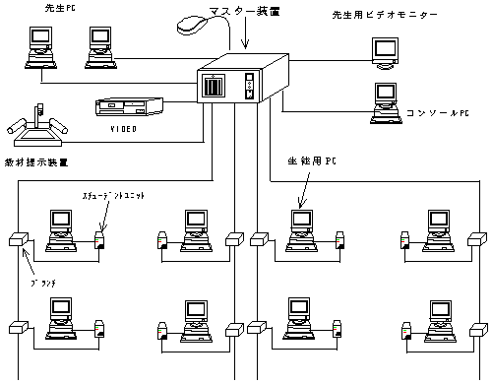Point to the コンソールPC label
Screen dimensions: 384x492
438,112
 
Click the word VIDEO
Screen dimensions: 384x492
122,128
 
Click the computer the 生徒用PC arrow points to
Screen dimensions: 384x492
299,228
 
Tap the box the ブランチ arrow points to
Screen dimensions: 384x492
17,238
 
